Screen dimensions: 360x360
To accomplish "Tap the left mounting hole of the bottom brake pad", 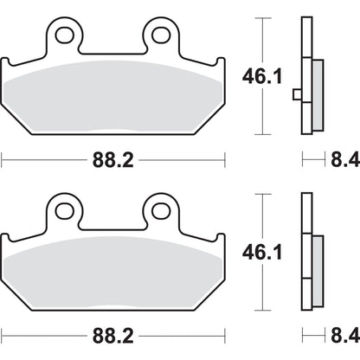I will coord(62,210).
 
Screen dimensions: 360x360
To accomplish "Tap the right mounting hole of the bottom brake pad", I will coord(160,210).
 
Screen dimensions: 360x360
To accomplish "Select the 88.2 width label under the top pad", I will coord(112,159).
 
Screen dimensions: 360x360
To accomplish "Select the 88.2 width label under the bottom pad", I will coord(112,335).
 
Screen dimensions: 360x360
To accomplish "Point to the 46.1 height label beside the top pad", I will coord(257,76).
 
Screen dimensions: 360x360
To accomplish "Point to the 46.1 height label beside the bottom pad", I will coord(257,253).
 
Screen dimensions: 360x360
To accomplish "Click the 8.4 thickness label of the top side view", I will coord(337,159).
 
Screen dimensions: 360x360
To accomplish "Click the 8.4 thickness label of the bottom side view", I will coord(337,335).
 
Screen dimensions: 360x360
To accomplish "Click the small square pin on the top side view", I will coord(296,93).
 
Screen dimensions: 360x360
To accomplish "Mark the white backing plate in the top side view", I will coord(305,76).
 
